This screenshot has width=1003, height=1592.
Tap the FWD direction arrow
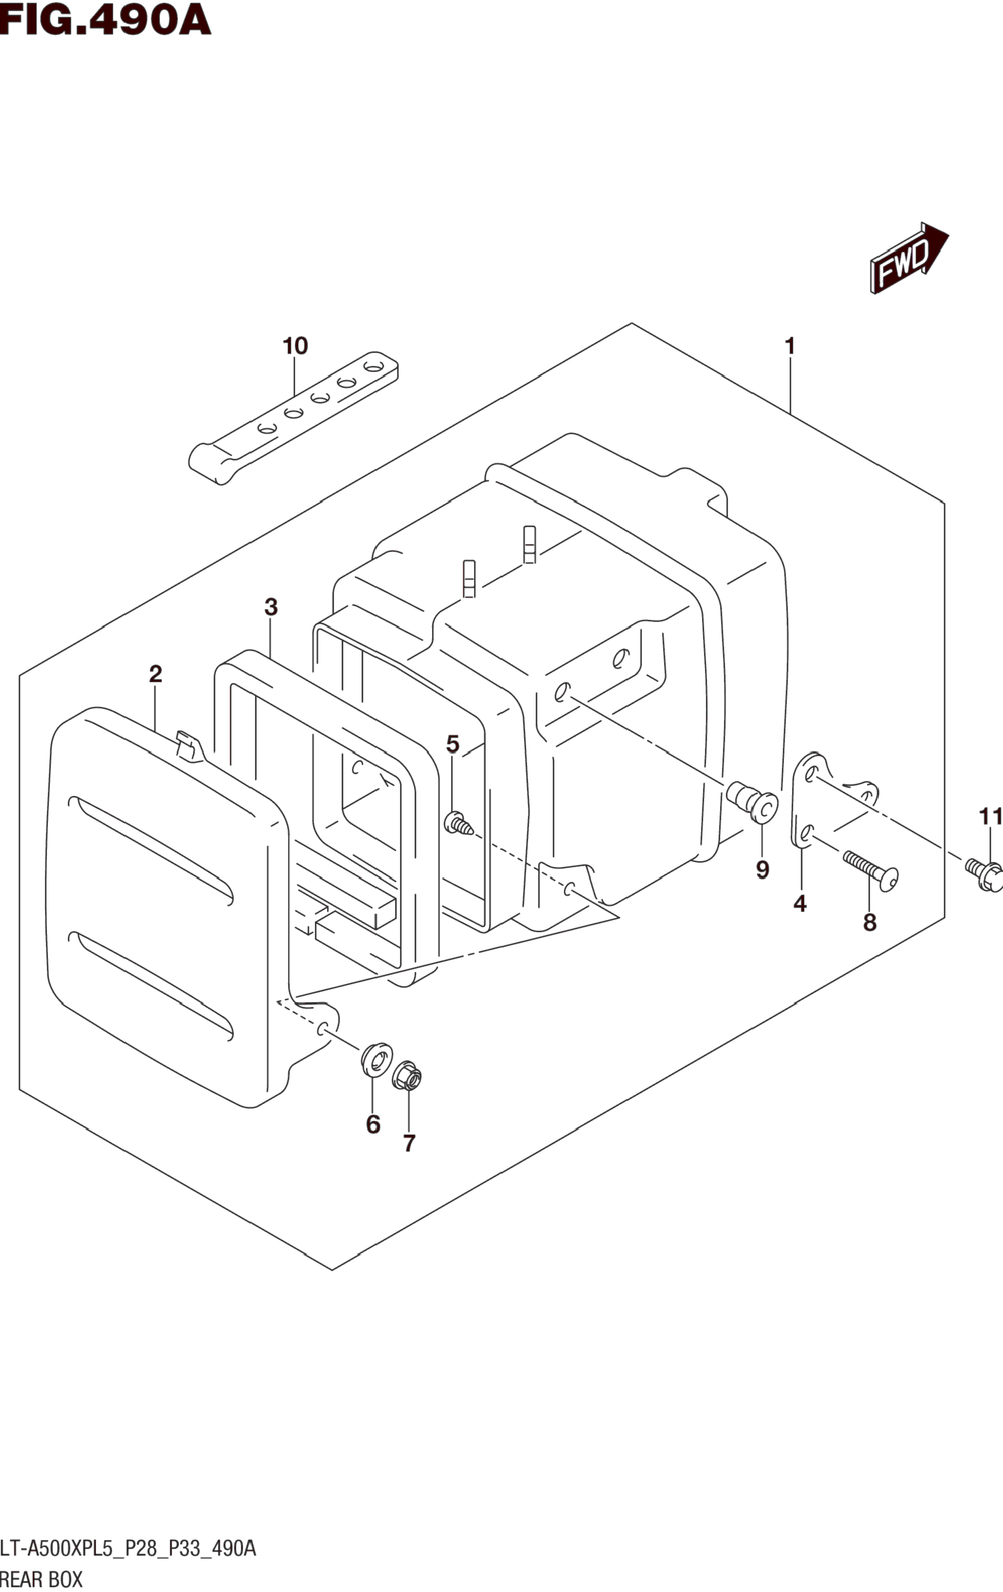(x=909, y=257)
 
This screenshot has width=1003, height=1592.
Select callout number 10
(x=295, y=346)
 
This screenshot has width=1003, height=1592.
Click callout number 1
(x=789, y=346)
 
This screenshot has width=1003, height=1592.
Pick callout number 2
(x=155, y=674)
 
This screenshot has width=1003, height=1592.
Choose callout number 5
(x=452, y=744)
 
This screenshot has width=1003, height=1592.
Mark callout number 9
(x=762, y=869)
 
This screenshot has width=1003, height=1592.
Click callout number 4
(x=800, y=903)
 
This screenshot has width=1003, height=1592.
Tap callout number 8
(x=869, y=922)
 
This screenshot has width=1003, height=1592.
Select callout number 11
(x=990, y=817)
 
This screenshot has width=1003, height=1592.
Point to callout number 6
(x=373, y=1124)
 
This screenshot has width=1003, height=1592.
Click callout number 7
(x=409, y=1143)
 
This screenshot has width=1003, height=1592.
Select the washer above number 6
(x=376, y=1060)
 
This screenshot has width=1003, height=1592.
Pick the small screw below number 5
(x=458, y=824)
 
